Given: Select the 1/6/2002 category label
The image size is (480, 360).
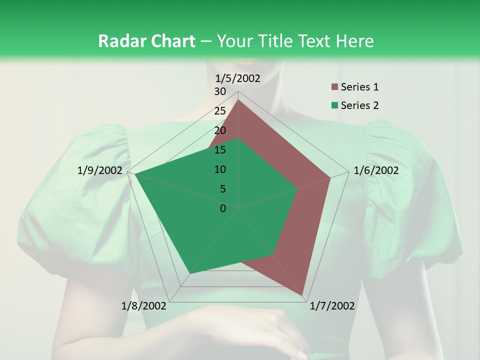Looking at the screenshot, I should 376,170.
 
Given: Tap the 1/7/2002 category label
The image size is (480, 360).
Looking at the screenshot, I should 332,306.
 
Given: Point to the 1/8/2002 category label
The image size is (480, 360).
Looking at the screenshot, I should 144,306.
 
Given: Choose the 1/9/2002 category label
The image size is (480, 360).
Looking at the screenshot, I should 100,170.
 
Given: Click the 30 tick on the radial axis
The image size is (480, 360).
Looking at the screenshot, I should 220,91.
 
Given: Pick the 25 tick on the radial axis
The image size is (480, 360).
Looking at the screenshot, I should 220,111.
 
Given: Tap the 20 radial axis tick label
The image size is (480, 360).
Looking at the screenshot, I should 220,130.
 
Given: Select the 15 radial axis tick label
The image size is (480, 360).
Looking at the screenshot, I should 220,150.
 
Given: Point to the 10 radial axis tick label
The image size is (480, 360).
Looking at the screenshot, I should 220,169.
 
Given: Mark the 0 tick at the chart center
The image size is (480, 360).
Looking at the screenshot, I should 223,208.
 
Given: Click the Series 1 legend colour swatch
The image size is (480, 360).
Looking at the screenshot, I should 334,87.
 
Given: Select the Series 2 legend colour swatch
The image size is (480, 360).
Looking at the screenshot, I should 334,105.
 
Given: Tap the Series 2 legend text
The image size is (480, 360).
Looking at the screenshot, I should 359,105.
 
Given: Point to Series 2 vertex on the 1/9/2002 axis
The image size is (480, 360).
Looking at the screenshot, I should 135,174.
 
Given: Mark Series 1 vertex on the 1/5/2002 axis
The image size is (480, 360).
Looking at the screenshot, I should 238,100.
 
